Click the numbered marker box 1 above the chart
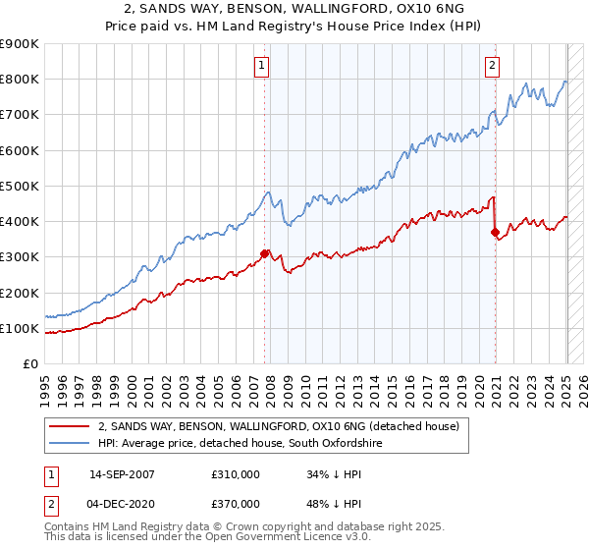[263, 66]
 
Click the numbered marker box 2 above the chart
[492, 66]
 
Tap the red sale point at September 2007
[264, 253]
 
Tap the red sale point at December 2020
[495, 233]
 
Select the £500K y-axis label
[20, 186]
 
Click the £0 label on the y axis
[30, 364]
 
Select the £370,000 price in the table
[235, 506]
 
